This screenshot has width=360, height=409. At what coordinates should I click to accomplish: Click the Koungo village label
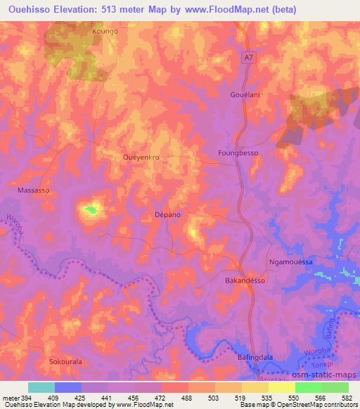[x=105, y=32]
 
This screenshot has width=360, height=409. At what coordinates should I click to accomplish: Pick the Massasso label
[x=32, y=190]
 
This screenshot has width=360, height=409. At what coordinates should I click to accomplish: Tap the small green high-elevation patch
[x=90, y=209]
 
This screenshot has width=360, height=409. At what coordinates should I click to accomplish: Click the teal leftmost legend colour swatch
[x=41, y=387]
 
